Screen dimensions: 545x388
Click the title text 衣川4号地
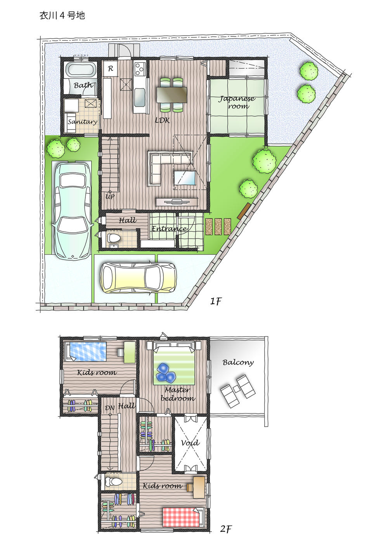tap(62, 16)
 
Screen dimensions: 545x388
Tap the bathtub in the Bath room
tap(81, 70)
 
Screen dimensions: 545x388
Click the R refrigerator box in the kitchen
tap(111, 69)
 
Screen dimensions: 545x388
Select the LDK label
tap(162, 121)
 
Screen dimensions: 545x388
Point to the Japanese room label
tap(237, 102)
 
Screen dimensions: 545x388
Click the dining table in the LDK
tap(172, 94)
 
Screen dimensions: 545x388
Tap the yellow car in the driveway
tap(138, 278)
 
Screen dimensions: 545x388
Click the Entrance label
tap(169, 228)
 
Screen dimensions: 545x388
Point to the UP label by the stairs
tap(110, 197)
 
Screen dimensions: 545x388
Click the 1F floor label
tap(216, 301)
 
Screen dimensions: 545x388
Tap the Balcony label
tap(238, 362)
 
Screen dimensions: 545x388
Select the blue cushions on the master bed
tap(165, 372)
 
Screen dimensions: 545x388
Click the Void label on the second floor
tap(190, 443)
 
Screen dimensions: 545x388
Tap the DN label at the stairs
tap(110, 408)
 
